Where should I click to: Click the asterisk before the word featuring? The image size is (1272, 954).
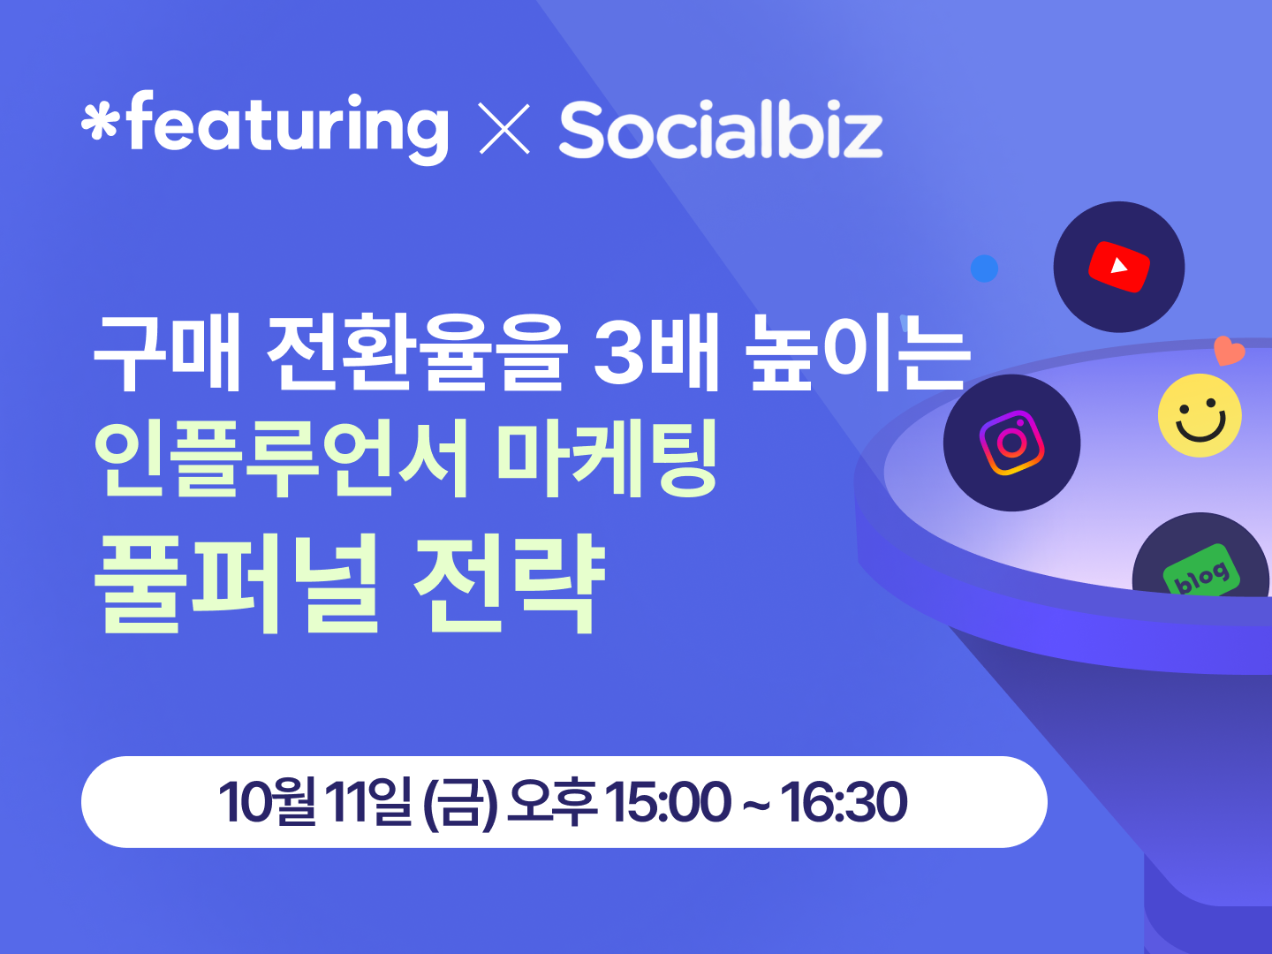coord(100,122)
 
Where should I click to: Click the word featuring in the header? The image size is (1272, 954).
coord(288,127)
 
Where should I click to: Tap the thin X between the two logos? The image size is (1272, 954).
coord(504,129)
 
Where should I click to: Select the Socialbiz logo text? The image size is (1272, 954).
coord(720,129)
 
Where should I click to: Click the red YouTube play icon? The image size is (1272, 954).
coord(1119,267)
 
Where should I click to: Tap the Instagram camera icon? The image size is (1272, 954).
coord(1011,443)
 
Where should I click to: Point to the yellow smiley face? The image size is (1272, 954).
coord(1200,415)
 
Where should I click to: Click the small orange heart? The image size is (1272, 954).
coord(1229,351)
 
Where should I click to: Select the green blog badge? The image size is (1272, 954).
coord(1201,570)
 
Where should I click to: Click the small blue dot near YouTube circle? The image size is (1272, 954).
coord(984,269)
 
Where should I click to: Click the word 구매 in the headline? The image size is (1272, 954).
coord(167,352)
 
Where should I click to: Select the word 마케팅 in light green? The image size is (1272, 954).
coord(608,458)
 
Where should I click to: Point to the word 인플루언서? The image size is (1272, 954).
coord(281,458)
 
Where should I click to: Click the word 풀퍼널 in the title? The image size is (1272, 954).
coord(237,583)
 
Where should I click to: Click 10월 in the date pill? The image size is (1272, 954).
coord(267,802)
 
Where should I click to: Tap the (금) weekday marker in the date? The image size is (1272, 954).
coord(461,803)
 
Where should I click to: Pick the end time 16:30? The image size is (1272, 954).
coord(844,802)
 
